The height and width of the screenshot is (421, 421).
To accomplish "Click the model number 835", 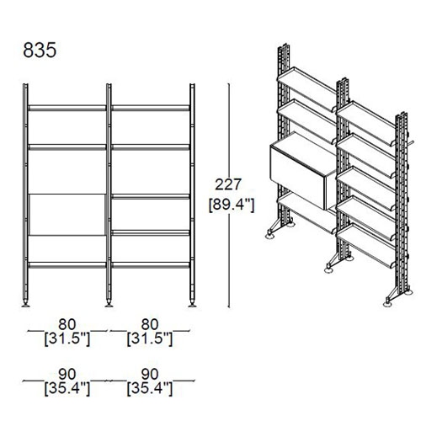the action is pyautogui.click(x=40, y=51).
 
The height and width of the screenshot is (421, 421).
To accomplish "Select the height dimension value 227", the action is pyautogui.click(x=228, y=184).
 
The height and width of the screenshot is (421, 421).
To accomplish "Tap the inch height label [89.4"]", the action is pyautogui.click(x=232, y=205).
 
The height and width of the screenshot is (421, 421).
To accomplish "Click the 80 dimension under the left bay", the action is pyautogui.click(x=67, y=324).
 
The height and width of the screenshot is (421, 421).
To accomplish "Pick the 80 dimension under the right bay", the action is pyautogui.click(x=150, y=324).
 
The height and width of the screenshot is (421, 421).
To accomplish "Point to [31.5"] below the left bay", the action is pyautogui.click(x=67, y=339).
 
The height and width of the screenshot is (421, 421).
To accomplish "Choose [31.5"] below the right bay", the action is pyautogui.click(x=150, y=339).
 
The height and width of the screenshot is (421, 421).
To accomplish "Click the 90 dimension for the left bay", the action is pyautogui.click(x=67, y=374).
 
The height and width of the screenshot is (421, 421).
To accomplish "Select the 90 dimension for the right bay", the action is pyautogui.click(x=150, y=374).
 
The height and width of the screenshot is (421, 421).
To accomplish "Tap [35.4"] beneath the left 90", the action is pyautogui.click(x=67, y=389).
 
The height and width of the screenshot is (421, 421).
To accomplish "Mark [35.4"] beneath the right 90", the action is pyautogui.click(x=150, y=389).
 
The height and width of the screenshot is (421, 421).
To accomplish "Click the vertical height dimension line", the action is pyautogui.click(x=229, y=195).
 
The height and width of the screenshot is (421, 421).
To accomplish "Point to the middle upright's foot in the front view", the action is pyautogui.click(x=109, y=304).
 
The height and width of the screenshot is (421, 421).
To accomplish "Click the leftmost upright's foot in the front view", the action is pyautogui.click(x=25, y=304).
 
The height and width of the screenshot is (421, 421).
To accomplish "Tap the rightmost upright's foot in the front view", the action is pyautogui.click(x=192, y=304).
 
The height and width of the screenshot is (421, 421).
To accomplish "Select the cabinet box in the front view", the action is pyautogui.click(x=67, y=215).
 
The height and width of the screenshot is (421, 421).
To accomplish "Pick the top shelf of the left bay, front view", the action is pyautogui.click(x=67, y=108).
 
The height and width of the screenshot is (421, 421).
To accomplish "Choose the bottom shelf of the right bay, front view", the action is pyautogui.click(x=151, y=265).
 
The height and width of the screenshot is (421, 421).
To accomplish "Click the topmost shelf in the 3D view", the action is pyautogui.click(x=307, y=83).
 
